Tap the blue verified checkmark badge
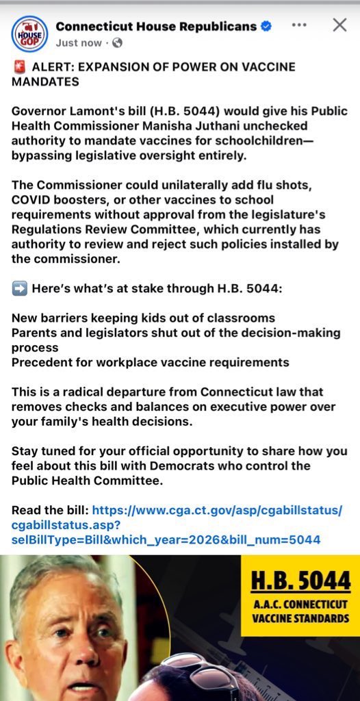point(267,27)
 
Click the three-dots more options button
point(299,25)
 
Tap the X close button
point(339,25)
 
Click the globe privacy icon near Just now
point(117,42)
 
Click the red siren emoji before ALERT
point(19,67)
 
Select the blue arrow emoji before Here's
point(19,289)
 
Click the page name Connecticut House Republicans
point(155,27)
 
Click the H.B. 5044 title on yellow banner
point(300,581)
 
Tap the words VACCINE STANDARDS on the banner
point(300,617)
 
